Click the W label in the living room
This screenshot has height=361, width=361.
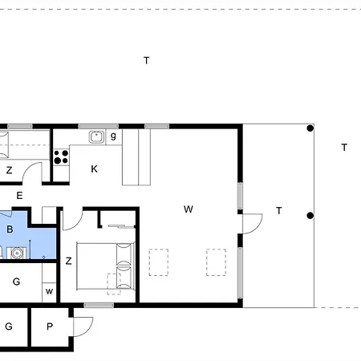coord(189,209)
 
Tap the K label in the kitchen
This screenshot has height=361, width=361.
coord(94,168)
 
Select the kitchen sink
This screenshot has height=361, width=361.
coord(96,136)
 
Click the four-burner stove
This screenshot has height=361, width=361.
coord(61,156)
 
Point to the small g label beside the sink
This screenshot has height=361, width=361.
coord(113,136)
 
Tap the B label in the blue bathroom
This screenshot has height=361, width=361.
coord(10,229)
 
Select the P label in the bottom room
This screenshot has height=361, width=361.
coord(50,327)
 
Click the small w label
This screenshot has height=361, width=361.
coord(50,291)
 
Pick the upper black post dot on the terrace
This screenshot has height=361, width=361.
coord(310,128)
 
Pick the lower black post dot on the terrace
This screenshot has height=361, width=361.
coord(310,215)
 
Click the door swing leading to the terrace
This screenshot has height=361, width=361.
coord(252,224)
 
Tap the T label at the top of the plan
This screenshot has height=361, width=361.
coord(146,60)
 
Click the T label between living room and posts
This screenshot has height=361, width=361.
coord(278,210)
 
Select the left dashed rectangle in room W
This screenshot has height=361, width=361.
coord(159,262)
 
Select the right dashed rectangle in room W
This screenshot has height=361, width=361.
coord(216,262)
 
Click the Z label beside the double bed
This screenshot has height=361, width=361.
coord(69,261)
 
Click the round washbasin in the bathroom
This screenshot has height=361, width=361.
coord(18,254)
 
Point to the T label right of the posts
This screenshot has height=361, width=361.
coord(343,147)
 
